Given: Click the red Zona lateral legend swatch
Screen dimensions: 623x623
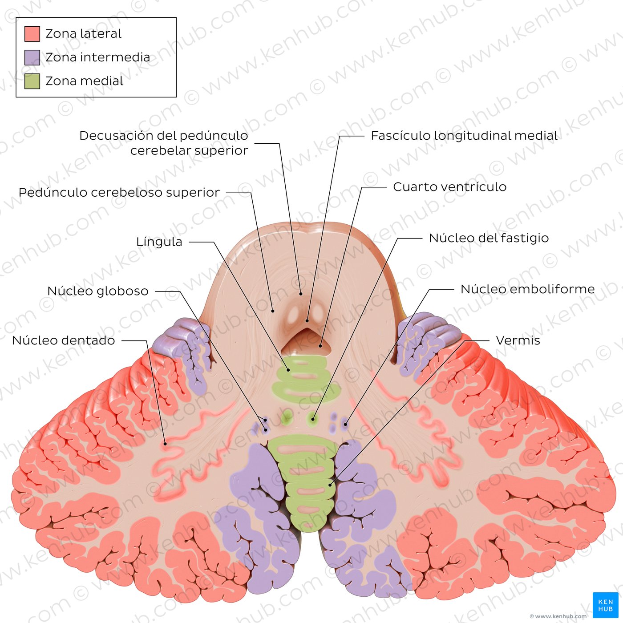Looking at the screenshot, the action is coord(32,34).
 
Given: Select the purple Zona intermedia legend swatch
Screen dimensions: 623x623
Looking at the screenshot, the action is coord(32,57).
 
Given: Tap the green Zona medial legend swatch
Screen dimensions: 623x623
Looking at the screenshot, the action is coord(32,81).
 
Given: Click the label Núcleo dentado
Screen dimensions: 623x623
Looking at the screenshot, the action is coord(63,340).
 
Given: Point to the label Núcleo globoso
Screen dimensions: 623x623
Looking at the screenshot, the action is coord(97,291).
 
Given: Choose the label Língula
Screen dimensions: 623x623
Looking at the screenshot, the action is coord(159,242).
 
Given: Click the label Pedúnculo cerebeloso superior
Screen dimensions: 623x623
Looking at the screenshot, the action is coord(119,192).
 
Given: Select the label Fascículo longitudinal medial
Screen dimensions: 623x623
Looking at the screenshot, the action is coord(464,136).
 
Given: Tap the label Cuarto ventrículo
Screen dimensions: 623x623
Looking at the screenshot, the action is coord(450,187).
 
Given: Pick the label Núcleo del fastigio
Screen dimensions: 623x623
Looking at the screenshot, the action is coord(489,238).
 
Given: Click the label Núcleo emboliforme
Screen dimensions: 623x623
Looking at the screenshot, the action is coord(528,289).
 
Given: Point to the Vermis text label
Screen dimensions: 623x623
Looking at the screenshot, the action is coord(518,340).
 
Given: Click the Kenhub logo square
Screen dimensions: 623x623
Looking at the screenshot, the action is coord(606,605).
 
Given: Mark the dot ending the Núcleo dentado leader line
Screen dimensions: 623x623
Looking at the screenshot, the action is coord(165,444).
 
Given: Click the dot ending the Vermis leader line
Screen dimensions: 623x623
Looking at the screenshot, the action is coord(330,485).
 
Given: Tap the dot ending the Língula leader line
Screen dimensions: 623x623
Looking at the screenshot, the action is coord(288,369).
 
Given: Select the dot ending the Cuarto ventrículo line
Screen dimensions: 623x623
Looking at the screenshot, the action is coord(320,346).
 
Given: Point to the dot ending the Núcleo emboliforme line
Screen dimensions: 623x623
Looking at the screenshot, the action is coord(345,425).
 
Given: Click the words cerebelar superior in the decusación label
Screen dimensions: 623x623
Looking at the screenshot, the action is coord(189,151).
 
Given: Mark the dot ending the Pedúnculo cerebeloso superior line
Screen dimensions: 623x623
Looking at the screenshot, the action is coord(273,311).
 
